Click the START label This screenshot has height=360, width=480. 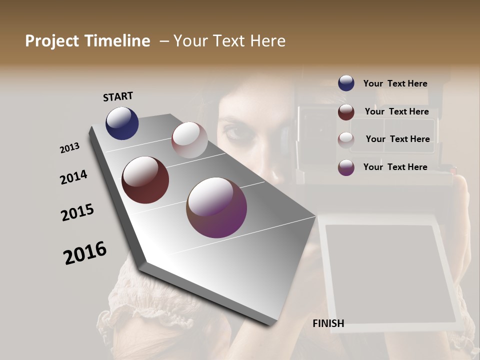118,96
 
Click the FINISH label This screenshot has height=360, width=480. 328,323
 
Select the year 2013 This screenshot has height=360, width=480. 69,148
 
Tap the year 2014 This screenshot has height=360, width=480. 73,177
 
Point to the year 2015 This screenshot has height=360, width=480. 77,212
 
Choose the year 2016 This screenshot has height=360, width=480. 85,252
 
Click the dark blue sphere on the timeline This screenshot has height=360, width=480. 122,123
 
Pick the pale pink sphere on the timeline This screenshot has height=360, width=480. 189,139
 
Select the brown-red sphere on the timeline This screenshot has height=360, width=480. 145,180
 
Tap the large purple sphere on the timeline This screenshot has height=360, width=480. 216,207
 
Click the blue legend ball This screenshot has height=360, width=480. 346,83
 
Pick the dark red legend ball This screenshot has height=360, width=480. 346,112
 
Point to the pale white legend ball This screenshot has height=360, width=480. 346,139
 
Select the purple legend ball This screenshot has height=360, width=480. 346,167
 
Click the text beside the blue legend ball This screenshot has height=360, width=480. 395,83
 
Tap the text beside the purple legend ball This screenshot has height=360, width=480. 395,167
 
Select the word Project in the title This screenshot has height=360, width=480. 51,41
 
